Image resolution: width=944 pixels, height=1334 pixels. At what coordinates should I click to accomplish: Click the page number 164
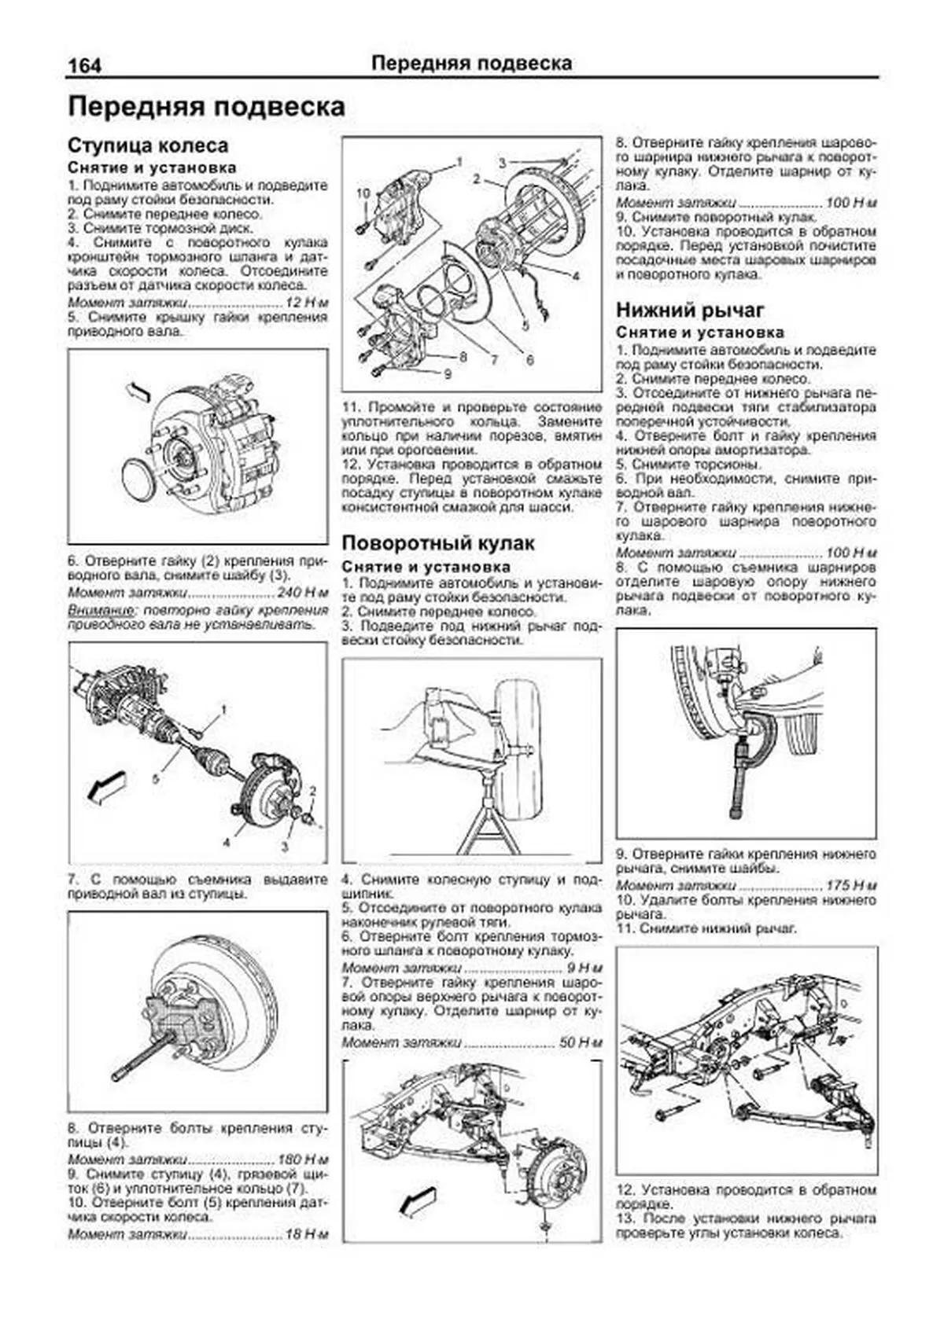(84, 65)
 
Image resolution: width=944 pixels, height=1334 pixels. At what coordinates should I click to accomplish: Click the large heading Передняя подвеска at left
(207, 107)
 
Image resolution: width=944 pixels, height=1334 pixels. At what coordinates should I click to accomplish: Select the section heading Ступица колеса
(148, 145)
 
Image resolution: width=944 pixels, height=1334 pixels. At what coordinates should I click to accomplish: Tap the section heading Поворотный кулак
(438, 543)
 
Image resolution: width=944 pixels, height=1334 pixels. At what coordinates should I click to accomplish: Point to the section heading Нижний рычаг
(690, 310)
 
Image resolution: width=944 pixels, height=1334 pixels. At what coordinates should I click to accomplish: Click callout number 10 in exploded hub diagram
(363, 193)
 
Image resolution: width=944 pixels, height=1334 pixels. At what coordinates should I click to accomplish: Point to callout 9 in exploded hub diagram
(447, 373)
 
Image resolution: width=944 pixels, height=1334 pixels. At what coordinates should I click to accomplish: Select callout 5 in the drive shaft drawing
(156, 778)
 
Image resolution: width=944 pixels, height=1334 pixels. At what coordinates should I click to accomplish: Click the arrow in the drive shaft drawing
(106, 787)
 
